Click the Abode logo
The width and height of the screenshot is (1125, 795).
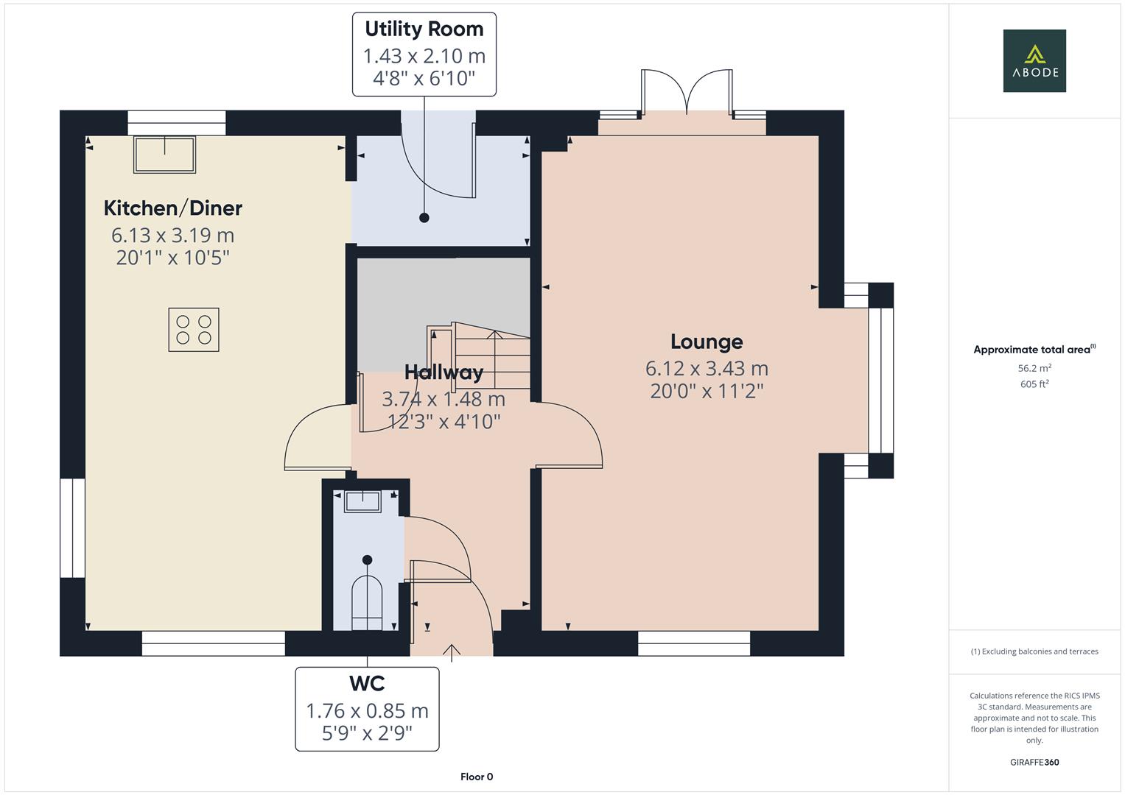(1034, 61)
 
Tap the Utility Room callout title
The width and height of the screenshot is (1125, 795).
(424, 29)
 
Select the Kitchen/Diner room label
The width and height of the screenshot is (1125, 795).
(173, 208)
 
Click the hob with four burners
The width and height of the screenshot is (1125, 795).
(194, 330)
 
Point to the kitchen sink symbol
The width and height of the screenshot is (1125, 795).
(164, 155)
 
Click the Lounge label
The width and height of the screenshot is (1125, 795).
(707, 342)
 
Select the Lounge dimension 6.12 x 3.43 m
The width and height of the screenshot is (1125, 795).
(707, 368)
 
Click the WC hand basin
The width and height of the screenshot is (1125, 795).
(362, 502)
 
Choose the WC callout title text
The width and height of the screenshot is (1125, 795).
(367, 684)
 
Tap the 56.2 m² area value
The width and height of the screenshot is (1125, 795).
(1034, 368)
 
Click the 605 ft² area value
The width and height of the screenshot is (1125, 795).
(1034, 384)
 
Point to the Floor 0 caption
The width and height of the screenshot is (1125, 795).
(477, 777)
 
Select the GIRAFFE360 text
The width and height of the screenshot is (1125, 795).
(1034, 763)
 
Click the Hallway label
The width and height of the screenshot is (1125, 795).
(444, 372)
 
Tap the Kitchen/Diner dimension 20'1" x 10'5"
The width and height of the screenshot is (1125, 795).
(173, 258)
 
